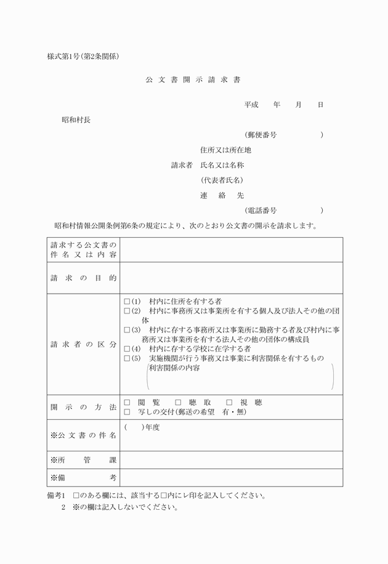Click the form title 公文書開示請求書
pos(193,80)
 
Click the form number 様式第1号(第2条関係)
pos(83,57)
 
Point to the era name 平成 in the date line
pos(251,105)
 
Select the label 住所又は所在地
pos(225,150)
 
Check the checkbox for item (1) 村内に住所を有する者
pos(127,302)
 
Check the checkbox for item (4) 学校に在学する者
pos(127,348)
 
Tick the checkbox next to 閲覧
pos(127,403)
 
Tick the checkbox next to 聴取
pos(178,403)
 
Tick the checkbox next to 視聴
pos(229,403)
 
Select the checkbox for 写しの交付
pos(127,412)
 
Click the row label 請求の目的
pos(83,278)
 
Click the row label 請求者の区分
pos(83,344)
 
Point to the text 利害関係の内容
pos(174,368)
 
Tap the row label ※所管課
pos(83,460)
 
